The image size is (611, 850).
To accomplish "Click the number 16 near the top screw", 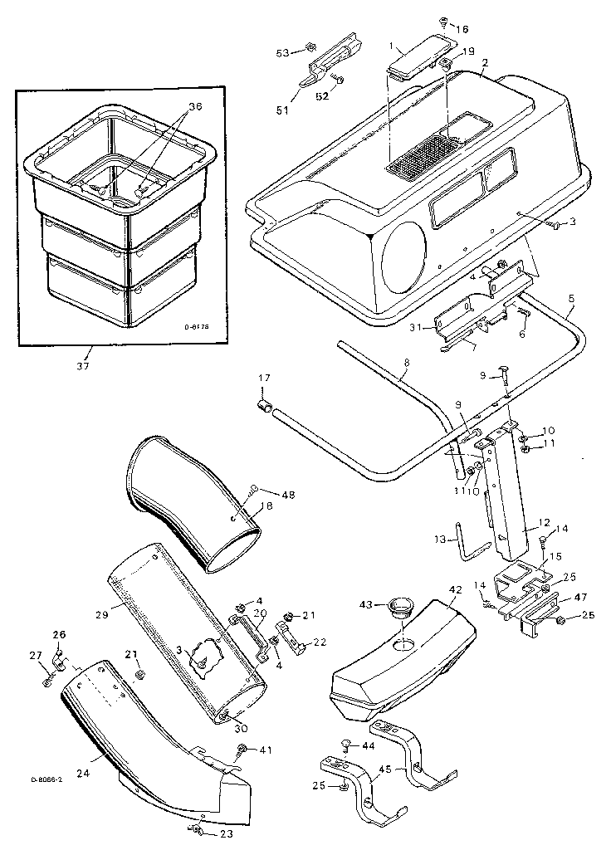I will [462, 27].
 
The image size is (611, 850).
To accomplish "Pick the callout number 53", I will [283, 52].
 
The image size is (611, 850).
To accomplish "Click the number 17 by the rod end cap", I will [263, 380].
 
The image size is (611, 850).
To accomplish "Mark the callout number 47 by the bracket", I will [580, 597].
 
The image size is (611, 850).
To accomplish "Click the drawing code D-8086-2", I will [46, 779].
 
